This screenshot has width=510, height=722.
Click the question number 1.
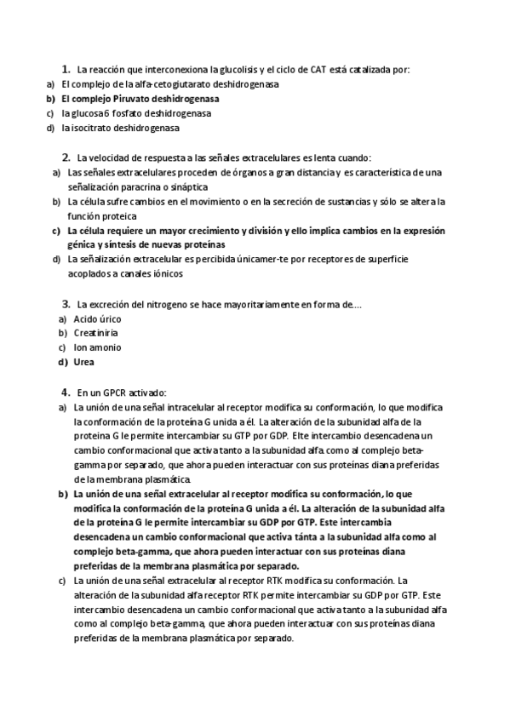[x=65, y=69]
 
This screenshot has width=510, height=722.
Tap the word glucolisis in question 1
[x=240, y=70]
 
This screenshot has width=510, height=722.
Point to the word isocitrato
[x=90, y=128]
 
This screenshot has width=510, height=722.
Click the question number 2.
[x=66, y=158]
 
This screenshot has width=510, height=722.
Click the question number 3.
[x=66, y=304]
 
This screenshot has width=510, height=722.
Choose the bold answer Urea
[x=85, y=362]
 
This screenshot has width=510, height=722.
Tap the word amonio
[x=106, y=347]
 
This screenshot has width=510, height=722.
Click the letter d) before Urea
[x=63, y=362]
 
